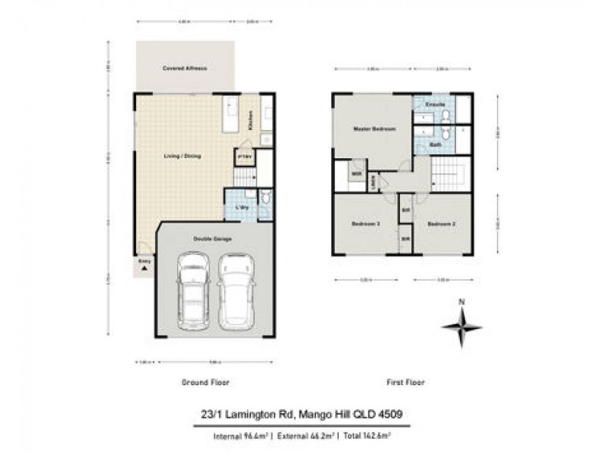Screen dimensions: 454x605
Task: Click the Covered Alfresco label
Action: point(185,68)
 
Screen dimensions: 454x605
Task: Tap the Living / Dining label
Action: point(183,156)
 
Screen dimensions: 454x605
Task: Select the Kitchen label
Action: point(251,119)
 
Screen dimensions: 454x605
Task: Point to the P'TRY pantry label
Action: point(244,158)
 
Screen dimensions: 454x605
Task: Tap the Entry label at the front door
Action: point(144,262)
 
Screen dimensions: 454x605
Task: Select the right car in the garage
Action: point(237,292)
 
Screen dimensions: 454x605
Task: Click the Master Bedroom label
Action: point(374,129)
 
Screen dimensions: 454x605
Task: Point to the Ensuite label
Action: point(434,103)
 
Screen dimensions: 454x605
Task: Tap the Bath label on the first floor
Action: point(436,144)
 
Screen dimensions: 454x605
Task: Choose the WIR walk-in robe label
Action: point(355,174)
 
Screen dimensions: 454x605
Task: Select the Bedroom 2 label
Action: point(441,224)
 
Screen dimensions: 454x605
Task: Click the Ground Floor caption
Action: point(205,382)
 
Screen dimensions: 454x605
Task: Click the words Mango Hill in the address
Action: point(323,413)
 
